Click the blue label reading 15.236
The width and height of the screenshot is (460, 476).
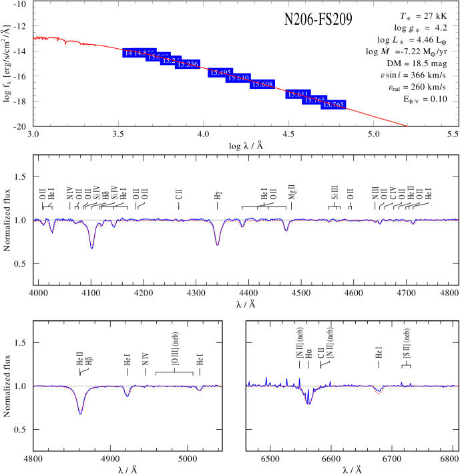(x=188, y=64)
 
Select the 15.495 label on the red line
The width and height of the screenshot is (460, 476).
(x=220, y=73)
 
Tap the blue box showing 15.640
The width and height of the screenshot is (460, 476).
(x=238, y=78)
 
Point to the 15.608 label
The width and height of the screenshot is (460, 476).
(x=262, y=84)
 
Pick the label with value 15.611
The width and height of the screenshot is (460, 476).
(x=298, y=94)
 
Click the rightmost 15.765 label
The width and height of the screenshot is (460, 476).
(x=333, y=105)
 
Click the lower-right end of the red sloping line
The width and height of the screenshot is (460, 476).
(x=408, y=126)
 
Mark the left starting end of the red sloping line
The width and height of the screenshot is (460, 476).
(x=33, y=38)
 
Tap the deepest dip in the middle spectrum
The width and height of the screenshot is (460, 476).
(x=92, y=247)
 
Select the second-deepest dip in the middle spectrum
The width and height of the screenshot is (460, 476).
(x=218, y=244)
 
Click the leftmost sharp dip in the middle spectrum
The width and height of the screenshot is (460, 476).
(x=52, y=231)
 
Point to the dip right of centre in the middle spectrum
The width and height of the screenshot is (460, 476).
(x=286, y=231)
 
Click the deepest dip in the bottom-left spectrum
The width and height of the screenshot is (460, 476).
(x=80, y=412)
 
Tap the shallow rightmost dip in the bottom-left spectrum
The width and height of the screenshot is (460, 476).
(x=200, y=390)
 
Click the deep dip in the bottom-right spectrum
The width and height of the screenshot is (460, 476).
(x=308, y=403)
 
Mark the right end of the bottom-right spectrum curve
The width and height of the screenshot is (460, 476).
(x=458, y=386)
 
